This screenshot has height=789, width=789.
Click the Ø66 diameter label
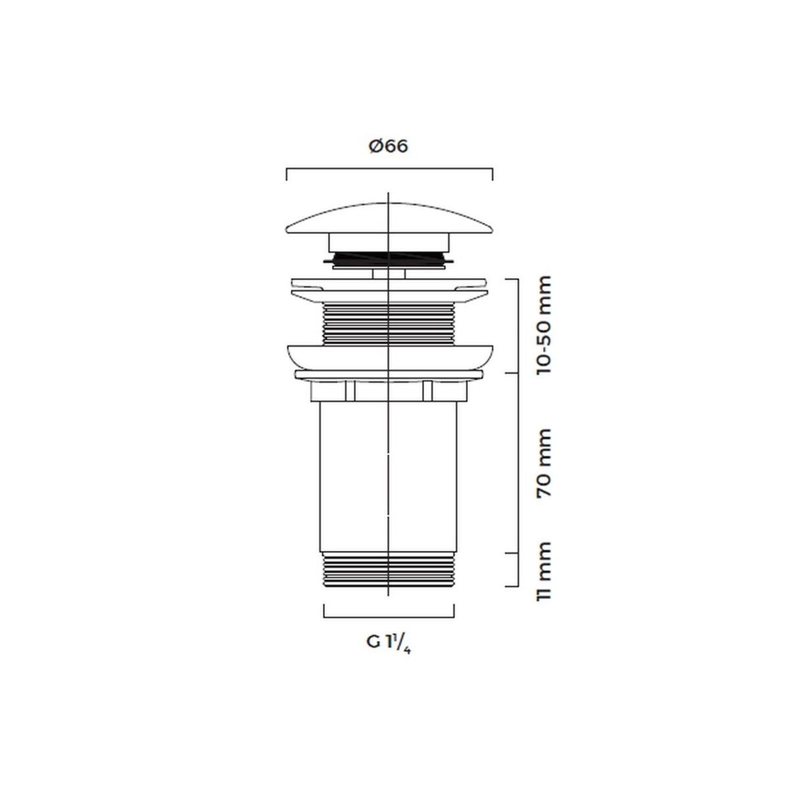point(388,146)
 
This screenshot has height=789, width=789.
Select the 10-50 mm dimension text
point(544,325)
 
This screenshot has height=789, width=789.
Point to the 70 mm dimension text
point(544,463)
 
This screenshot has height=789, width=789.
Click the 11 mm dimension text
point(544,571)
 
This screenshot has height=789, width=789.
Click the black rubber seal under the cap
point(389,259)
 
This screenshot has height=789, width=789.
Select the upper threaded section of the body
point(389,324)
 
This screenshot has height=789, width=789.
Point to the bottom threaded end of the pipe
point(389,570)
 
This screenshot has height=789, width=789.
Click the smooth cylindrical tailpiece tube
point(388,477)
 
